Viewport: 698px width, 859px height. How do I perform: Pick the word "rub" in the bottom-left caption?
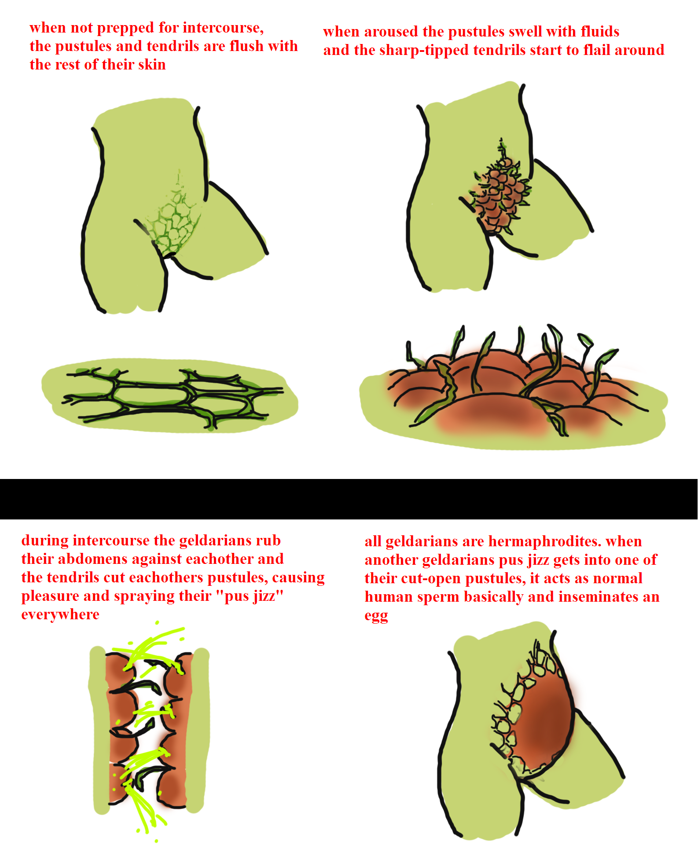(268, 540)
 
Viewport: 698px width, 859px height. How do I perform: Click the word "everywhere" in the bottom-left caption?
(60, 614)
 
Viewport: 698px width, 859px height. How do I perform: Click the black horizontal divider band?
(349, 499)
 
